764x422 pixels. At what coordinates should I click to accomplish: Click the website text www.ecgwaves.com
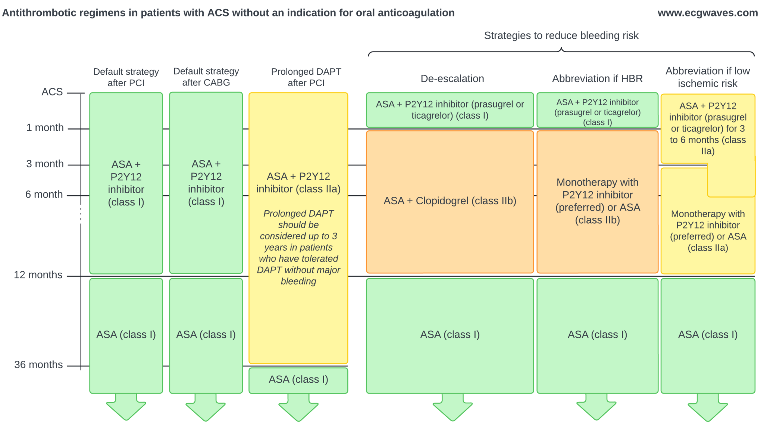707,13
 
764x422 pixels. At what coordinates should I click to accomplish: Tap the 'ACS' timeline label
52,92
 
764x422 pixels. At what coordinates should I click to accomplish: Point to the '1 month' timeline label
45,128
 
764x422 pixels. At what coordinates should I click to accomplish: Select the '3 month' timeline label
45,164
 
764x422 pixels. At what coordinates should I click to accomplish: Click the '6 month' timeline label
44,195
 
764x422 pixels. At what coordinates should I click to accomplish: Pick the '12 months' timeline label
38,275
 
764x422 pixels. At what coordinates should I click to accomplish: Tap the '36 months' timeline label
38,365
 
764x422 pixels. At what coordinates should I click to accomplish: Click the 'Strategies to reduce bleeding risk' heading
561,35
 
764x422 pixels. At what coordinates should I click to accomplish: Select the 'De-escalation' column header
452,79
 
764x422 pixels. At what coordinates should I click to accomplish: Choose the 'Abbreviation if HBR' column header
597,79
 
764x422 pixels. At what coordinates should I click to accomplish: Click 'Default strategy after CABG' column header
206,77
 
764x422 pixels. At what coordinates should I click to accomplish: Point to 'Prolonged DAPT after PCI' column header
306,77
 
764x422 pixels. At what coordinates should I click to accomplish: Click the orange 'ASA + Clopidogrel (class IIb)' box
450,201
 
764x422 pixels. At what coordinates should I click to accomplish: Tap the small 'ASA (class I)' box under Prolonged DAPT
298,380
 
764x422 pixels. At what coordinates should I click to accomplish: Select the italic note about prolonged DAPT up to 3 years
298,247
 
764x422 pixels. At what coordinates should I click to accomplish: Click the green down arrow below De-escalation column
453,409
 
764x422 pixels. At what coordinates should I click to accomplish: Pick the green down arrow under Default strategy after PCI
126,409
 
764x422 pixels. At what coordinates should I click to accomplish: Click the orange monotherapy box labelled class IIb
597,201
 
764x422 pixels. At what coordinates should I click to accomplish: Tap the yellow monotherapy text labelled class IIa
708,231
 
